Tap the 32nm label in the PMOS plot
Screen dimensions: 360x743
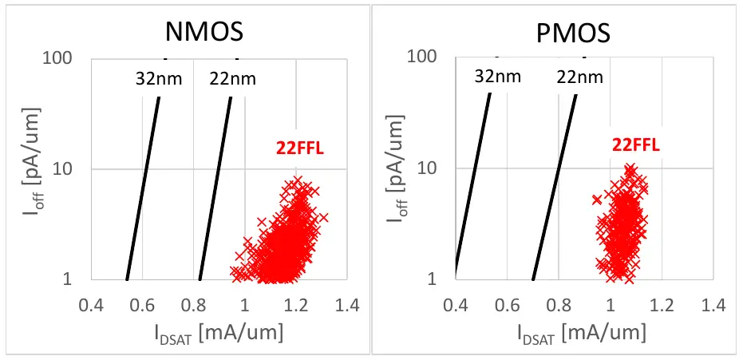pyautogui.click(x=497, y=77)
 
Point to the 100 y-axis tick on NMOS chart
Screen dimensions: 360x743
pyautogui.click(x=61, y=58)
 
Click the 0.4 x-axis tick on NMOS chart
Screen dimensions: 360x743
pyautogui.click(x=92, y=306)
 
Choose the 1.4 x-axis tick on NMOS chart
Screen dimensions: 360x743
pyautogui.click(x=347, y=306)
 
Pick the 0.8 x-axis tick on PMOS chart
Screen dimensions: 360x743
pyautogui.click(x=559, y=305)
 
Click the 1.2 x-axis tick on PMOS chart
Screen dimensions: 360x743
pyautogui.click(x=662, y=305)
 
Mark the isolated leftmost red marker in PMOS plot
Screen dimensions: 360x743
pyautogui.click(x=596, y=200)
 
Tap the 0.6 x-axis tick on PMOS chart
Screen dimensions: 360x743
pyautogui.click(x=507, y=305)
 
